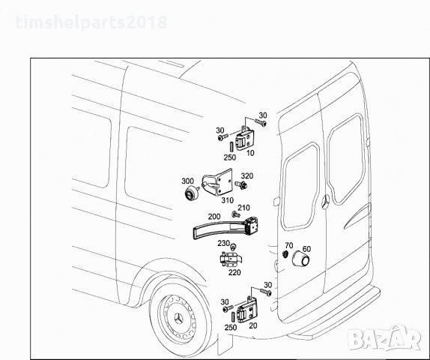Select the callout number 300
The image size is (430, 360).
click(x=187, y=181)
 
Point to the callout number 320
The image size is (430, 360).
click(x=247, y=176)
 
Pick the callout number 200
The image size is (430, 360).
click(x=214, y=216)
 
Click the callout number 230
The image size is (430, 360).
click(x=223, y=243)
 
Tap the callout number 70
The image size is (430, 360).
click(x=288, y=246)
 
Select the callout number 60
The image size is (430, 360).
click(x=306, y=248)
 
